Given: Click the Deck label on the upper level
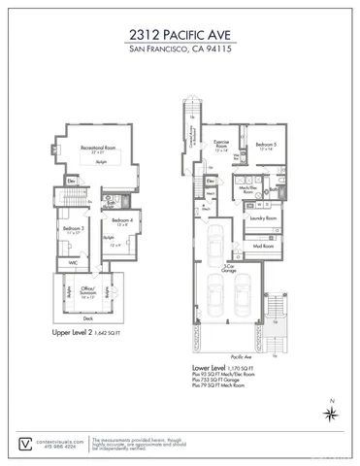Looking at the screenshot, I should [x=87, y=317].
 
